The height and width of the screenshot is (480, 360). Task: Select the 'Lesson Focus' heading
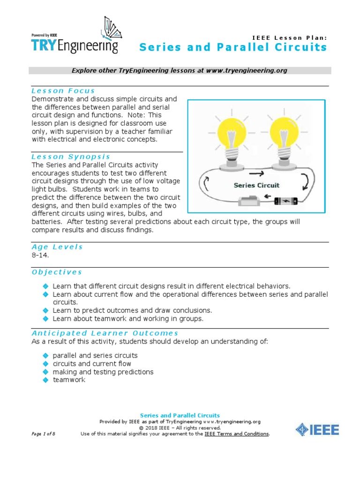[63, 91]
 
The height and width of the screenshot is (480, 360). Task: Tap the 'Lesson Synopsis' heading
[71, 157]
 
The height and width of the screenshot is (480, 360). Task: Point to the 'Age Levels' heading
[57, 247]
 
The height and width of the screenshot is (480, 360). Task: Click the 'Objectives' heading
[57, 272]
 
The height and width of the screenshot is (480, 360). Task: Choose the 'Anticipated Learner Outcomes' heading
[105, 333]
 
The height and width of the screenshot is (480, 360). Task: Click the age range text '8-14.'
[40, 255]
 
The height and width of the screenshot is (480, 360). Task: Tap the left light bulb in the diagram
[232, 136]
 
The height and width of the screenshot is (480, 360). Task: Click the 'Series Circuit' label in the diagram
[256, 185]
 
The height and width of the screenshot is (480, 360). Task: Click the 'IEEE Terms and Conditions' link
[237, 434]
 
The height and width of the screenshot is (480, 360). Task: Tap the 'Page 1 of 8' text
[44, 434]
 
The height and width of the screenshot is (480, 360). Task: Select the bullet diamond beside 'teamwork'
[45, 380]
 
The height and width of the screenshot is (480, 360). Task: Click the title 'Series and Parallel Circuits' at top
[233, 47]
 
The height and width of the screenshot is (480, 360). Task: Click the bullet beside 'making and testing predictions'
[45, 372]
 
